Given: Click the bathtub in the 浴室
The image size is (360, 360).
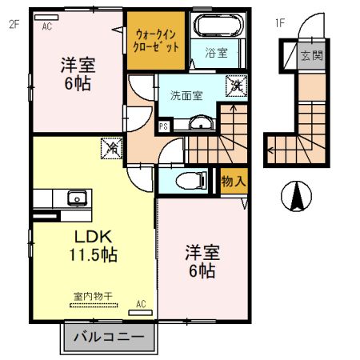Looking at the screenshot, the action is pyautogui.click(x=218, y=25).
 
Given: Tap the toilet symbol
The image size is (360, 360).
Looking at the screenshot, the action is pyautogui.click(x=191, y=181).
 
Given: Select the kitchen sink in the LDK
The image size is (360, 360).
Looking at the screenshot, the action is pyautogui.click(x=77, y=198).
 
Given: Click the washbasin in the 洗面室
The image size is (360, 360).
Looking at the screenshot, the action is pyautogui.click(x=202, y=123).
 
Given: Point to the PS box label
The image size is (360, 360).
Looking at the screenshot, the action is pyautogui.click(x=163, y=126).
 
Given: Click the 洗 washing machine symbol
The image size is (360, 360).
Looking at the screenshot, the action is pyautogui.click(x=236, y=86).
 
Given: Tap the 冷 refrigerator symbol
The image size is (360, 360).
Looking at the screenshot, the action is pyautogui.click(x=111, y=149).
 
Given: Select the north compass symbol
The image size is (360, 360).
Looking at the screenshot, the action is pyautogui.click(x=296, y=196).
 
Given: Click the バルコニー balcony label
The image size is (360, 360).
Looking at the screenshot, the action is pyautogui.click(x=109, y=338).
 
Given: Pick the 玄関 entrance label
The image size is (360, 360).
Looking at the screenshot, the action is pyautogui.click(x=311, y=55).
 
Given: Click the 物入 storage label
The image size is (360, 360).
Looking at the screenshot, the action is pyautogui.click(x=234, y=182).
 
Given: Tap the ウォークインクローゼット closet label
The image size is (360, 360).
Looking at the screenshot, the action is pyautogui.click(x=156, y=41).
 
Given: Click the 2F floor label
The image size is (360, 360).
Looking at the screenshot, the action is pyautogui.click(x=14, y=24).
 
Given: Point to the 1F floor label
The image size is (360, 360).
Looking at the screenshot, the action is pyautogui.click(x=280, y=23).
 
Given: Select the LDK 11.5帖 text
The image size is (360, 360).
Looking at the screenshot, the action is pyautogui.click(x=93, y=246).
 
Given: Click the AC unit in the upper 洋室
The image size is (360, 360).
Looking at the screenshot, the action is pyautogui.click(x=46, y=18).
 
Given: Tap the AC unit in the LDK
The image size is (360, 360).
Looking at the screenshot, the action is pyautogui.click(x=140, y=313).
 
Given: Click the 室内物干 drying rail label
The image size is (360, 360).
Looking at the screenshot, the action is pyautogui.click(x=93, y=296).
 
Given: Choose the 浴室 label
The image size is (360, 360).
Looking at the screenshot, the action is pyautogui.click(x=216, y=53).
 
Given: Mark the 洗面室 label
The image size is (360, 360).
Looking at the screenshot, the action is pyautogui.click(x=186, y=95).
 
